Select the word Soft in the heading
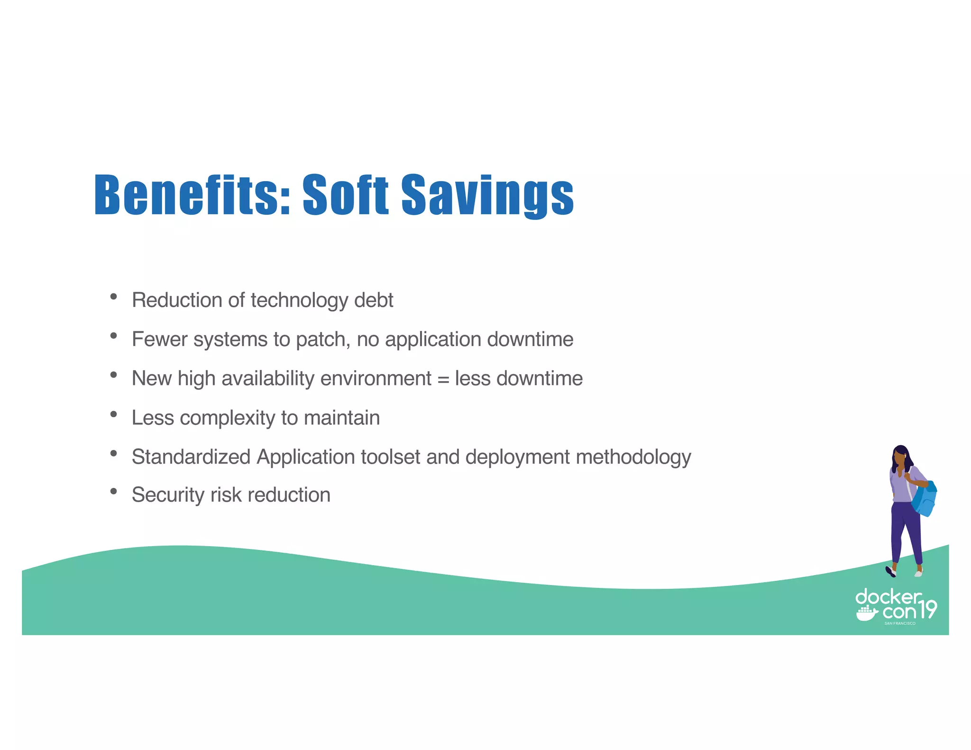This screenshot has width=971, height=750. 346,194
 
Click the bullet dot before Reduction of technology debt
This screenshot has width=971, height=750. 113,297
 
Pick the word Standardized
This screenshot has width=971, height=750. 191,457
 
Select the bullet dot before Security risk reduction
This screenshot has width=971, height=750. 113,492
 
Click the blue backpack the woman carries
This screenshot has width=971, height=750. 925,500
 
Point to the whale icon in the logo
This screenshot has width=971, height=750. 866,614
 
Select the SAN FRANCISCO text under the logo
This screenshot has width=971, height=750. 899,623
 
